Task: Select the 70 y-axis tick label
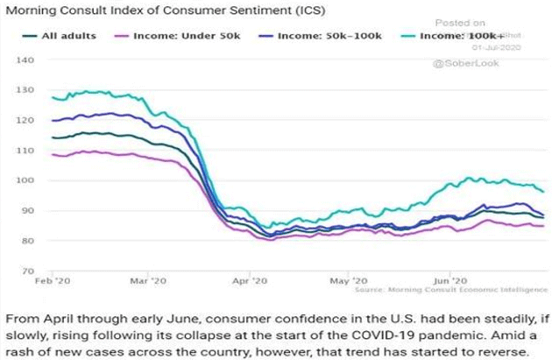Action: (25, 271)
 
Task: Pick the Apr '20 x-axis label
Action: (247, 283)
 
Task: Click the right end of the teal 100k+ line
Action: (543, 192)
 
